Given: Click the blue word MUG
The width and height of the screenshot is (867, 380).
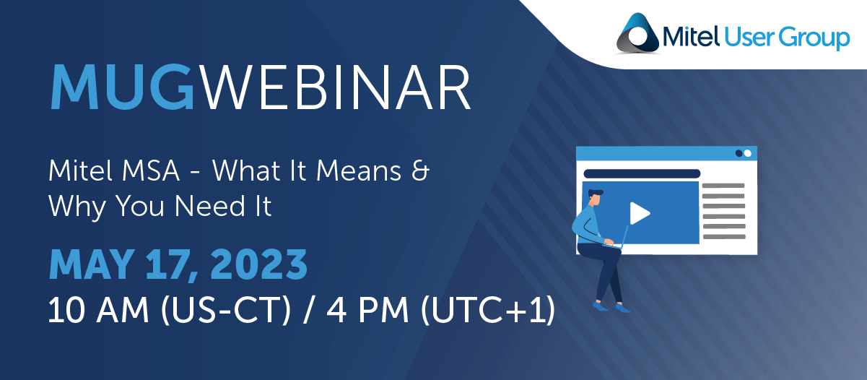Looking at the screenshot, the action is click(122, 87).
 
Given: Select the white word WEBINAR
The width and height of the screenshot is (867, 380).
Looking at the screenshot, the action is click(336, 87).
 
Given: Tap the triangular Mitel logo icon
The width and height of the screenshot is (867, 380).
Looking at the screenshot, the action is click(637, 33).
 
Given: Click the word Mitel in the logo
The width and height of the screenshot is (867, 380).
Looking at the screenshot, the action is click(691, 36).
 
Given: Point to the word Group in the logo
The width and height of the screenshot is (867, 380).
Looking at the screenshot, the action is click(814, 38).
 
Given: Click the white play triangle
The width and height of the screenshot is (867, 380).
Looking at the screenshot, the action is click(640, 213).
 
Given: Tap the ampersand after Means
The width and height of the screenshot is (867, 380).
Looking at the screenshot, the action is click(420, 170).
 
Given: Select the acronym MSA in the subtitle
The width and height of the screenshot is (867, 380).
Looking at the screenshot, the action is click(151, 170).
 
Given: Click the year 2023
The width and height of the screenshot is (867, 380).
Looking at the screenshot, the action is click(259, 265).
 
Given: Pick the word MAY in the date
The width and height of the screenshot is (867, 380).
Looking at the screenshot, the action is click(92, 265).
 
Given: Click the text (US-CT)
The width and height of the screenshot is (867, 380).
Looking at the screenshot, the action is click(226, 310).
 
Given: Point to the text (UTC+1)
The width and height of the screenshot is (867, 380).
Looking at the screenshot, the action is click(488, 310).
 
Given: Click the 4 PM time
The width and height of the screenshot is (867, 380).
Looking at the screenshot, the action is click(367, 310).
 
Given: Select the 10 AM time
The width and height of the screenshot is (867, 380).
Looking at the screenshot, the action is click(98, 310).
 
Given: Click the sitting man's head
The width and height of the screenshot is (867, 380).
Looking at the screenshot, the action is click(596, 197).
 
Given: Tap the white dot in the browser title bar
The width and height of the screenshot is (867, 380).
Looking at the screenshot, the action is click(748, 153).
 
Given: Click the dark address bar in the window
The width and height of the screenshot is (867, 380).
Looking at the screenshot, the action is click(642, 173).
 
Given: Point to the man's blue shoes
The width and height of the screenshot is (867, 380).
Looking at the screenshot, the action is click(611, 307).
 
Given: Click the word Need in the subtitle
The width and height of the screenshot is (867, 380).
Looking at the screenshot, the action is click(210, 206).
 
